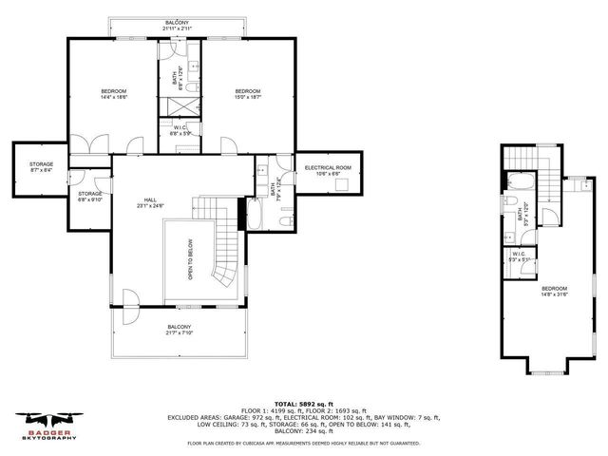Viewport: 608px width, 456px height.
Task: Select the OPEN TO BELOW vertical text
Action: click(x=190, y=257)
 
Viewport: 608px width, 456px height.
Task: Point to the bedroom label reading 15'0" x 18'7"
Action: click(x=249, y=94)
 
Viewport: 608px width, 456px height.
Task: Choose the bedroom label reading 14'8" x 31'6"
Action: click(x=554, y=291)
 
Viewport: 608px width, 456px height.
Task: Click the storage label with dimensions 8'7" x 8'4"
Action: click(x=40, y=168)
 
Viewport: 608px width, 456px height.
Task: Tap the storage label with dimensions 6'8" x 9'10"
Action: click(x=90, y=197)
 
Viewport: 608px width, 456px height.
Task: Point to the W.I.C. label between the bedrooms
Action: click(x=180, y=130)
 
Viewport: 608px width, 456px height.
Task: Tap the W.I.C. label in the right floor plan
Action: click(x=519, y=256)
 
